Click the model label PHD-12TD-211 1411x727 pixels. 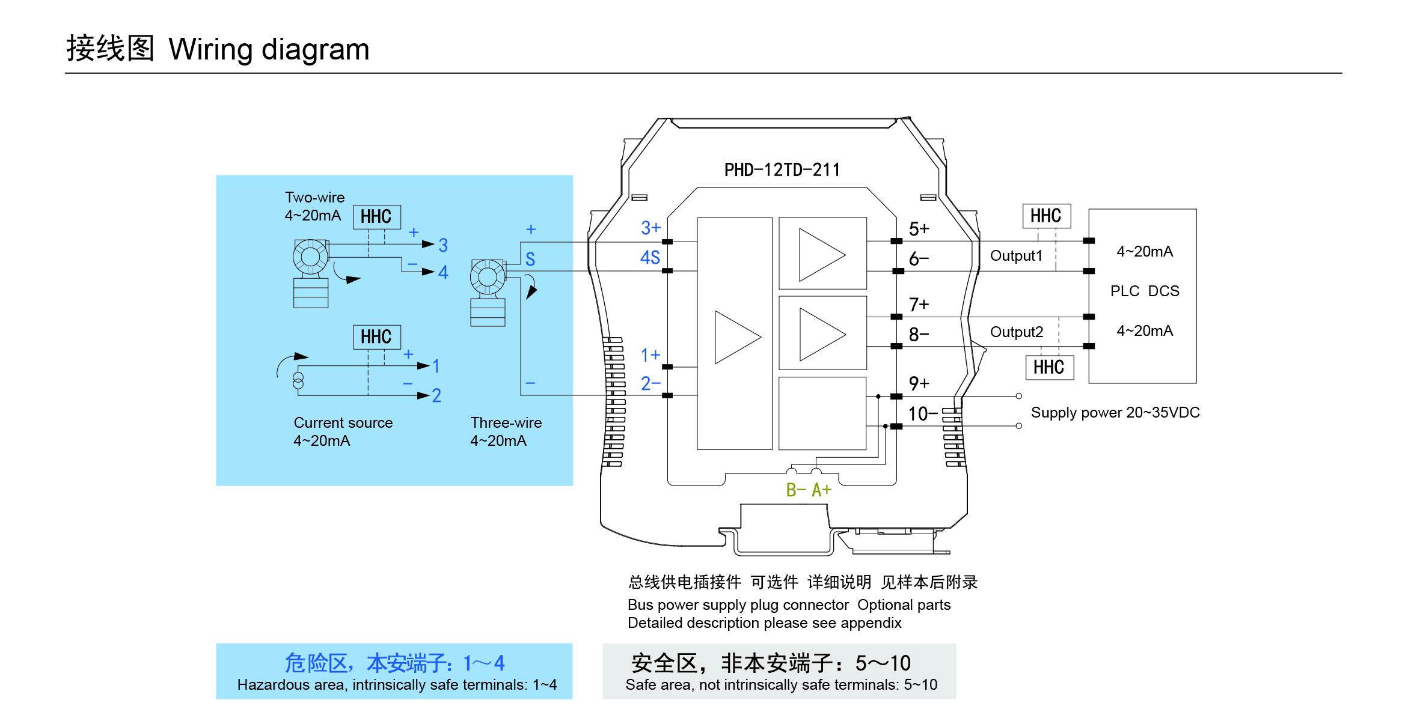click(782, 170)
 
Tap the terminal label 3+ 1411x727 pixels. click(650, 228)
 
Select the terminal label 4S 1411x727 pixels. click(650, 258)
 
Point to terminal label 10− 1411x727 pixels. click(922, 414)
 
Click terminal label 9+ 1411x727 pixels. click(919, 383)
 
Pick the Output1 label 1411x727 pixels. click(1016, 256)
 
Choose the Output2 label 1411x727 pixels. click(1016, 332)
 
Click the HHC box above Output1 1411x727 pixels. click(1046, 216)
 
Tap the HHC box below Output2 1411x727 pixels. click(1049, 368)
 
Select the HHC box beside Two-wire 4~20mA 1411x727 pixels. click(376, 217)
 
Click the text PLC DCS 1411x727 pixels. click(1144, 291)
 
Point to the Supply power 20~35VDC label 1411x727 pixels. click(1115, 413)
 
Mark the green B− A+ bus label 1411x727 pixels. click(809, 490)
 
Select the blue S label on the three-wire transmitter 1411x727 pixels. click(530, 260)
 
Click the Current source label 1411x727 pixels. click(343, 423)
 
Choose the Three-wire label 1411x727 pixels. click(506, 423)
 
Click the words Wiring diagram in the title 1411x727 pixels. click(269, 49)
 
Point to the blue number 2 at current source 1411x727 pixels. click(436, 396)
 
